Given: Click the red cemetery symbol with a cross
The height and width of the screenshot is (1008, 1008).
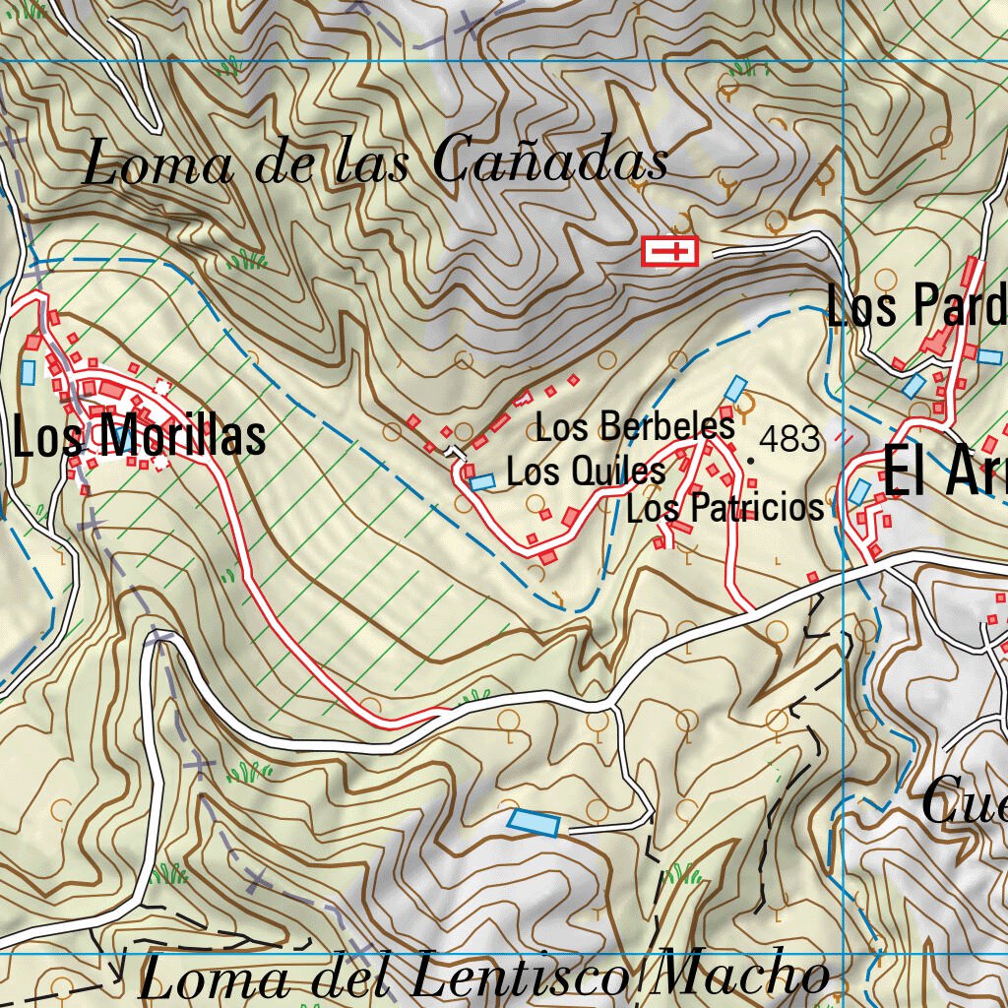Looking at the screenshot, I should click(669, 252).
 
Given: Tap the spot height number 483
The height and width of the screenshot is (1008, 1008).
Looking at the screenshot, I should click(789, 439).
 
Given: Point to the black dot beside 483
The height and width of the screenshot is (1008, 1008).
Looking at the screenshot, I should click(750, 460).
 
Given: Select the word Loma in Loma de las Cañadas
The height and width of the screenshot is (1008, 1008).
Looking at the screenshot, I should click(157, 163).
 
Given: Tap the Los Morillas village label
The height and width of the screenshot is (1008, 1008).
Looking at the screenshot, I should click(139, 436).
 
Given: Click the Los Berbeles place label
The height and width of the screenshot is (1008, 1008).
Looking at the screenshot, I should click(635, 427).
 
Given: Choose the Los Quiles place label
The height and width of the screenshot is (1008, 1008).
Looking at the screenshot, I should click(586, 472).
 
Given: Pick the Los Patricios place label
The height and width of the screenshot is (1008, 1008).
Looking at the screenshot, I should click(724, 508).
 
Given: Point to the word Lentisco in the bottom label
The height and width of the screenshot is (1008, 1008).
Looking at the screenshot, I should click(519, 977).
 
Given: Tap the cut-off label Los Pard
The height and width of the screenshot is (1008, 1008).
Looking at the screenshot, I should click(916, 306).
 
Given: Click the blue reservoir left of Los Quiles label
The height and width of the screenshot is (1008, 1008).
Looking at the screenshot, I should click(481, 481).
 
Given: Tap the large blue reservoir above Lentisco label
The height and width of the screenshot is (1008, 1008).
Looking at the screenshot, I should click(534, 822).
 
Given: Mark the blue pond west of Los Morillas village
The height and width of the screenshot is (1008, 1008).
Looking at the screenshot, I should click(28, 372).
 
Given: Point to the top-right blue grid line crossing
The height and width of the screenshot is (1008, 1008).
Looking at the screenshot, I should click(844, 61).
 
